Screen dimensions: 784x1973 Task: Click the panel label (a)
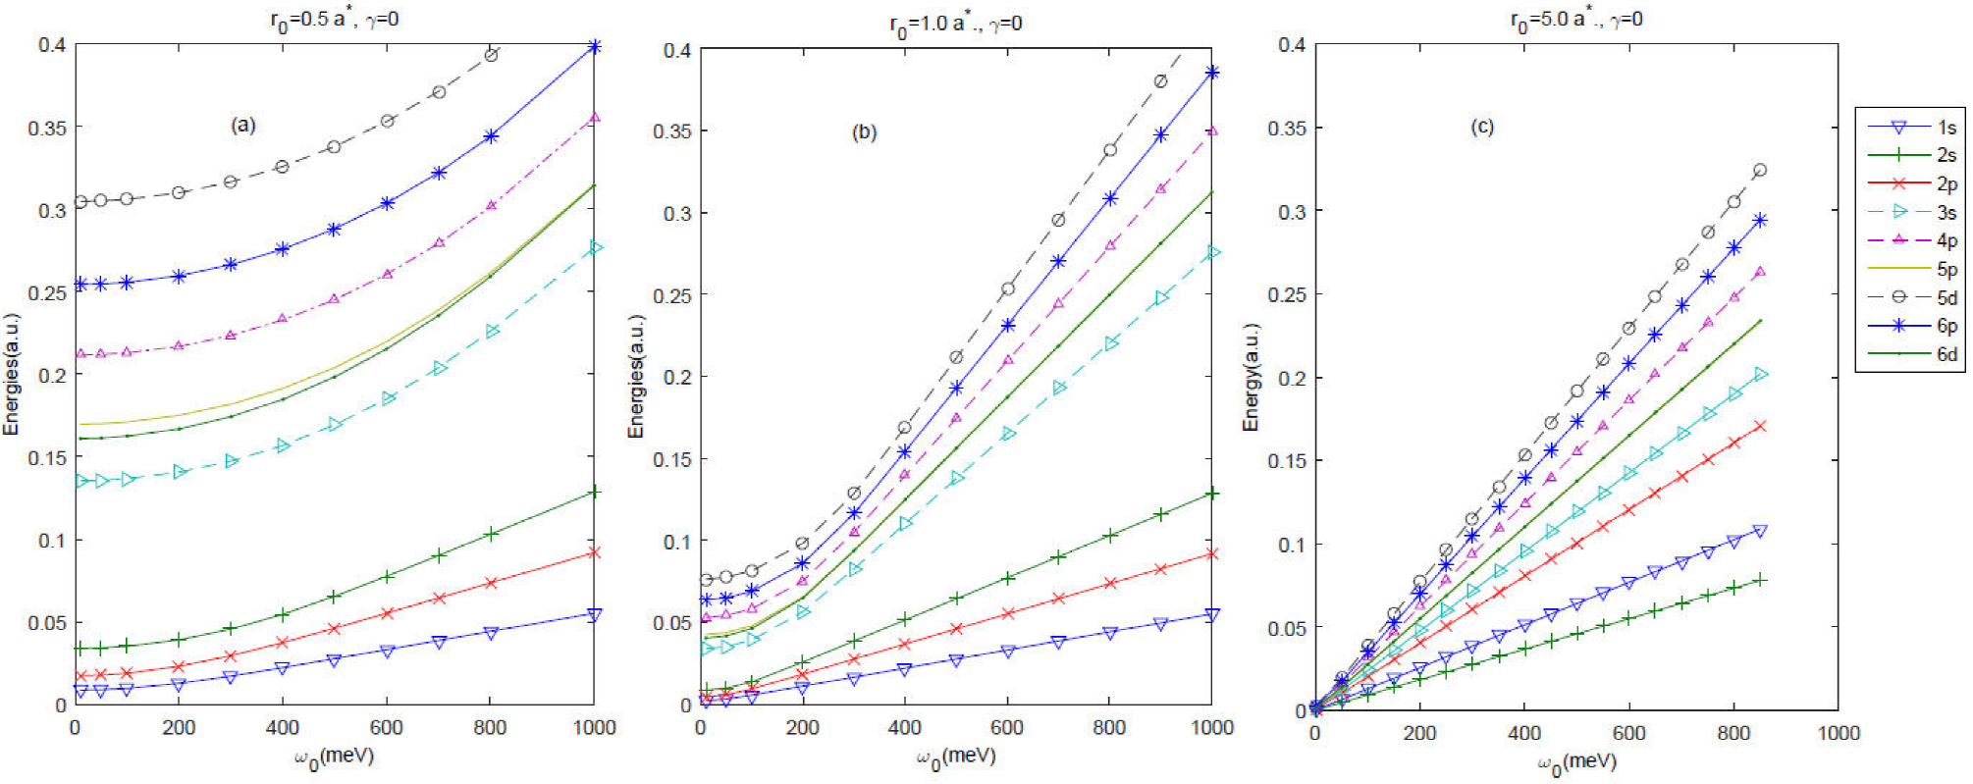pyautogui.click(x=242, y=125)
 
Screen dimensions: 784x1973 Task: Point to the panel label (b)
pyautogui.click(x=864, y=132)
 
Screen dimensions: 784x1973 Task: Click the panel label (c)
pyautogui.click(x=1482, y=127)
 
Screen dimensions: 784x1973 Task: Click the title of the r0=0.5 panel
pyautogui.click(x=334, y=20)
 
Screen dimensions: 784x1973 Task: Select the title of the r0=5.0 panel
pyautogui.click(x=1575, y=20)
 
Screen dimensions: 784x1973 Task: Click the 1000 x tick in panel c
pyautogui.click(x=1838, y=733)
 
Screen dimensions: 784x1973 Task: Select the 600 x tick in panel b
pyautogui.click(x=1006, y=728)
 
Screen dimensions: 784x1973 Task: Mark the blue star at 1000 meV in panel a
pyautogui.click(x=594, y=46)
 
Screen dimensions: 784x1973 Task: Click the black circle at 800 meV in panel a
pyautogui.click(x=492, y=55)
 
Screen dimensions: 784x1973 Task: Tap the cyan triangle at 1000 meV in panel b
pyautogui.click(x=1213, y=252)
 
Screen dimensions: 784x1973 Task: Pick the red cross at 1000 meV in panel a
pyautogui.click(x=594, y=552)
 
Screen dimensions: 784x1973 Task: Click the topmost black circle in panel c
pyautogui.click(x=1760, y=170)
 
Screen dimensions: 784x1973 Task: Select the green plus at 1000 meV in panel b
pyautogui.click(x=1212, y=493)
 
